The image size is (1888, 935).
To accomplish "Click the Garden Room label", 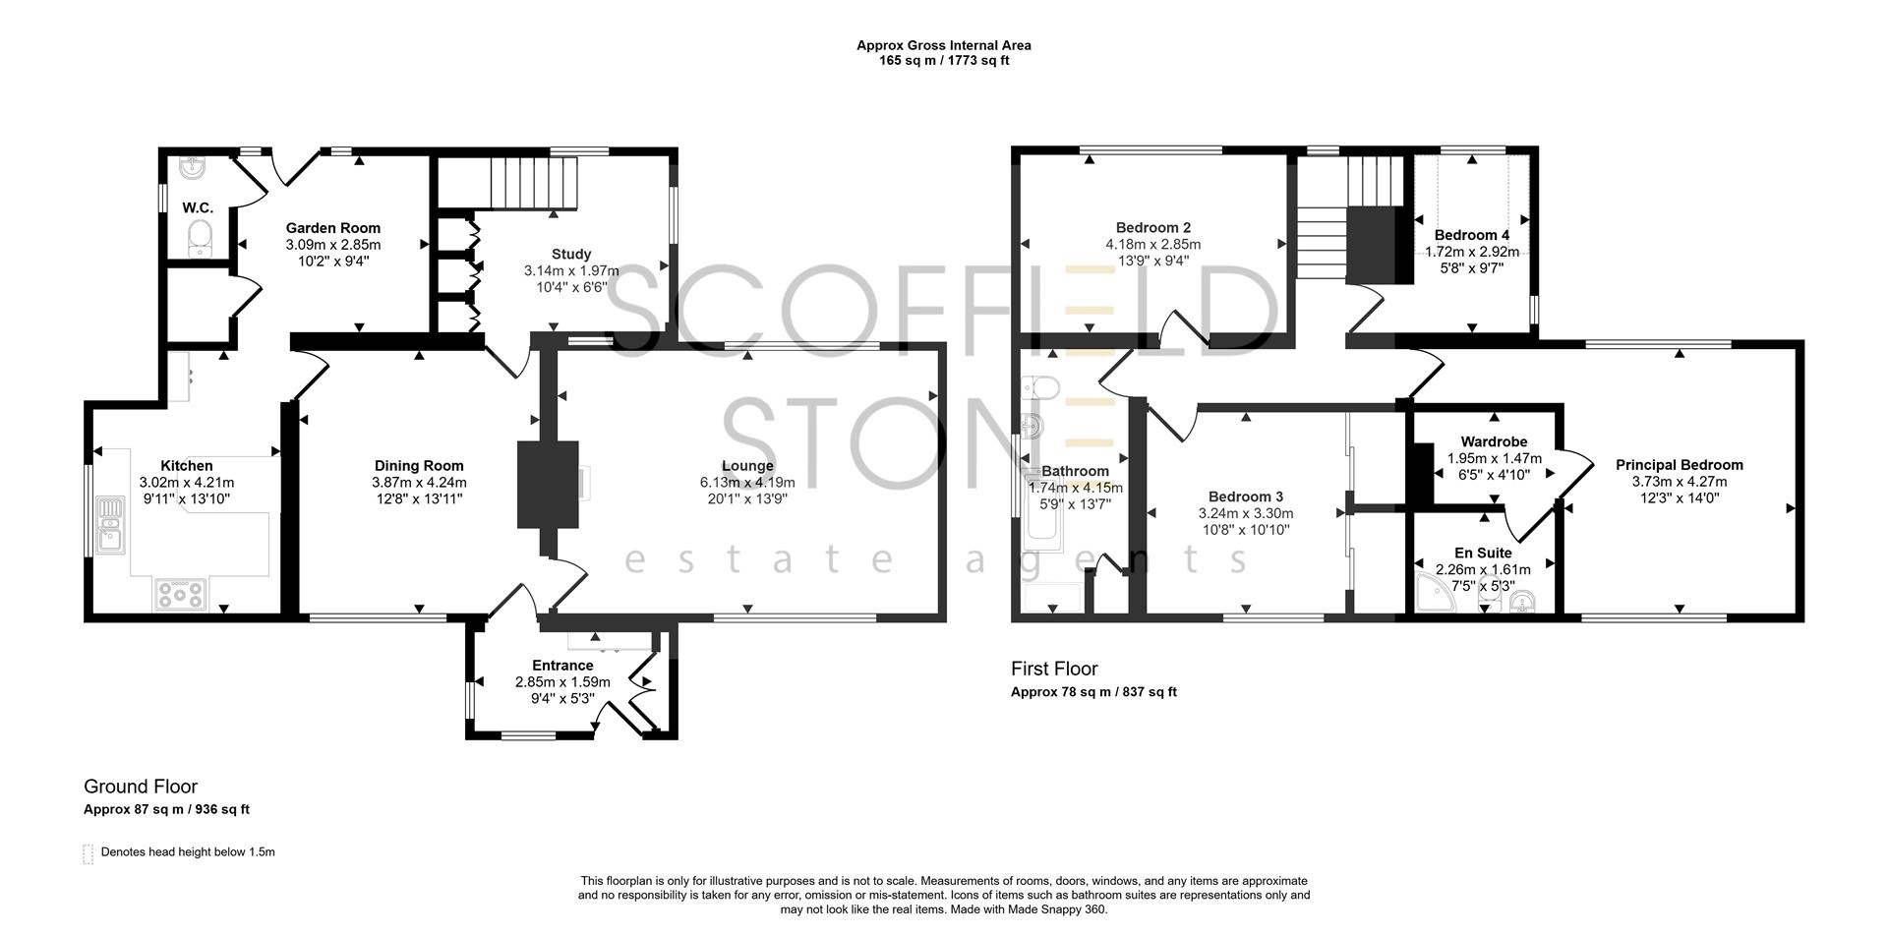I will coord(332,228).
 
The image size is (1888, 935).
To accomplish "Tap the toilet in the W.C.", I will coord(201,237).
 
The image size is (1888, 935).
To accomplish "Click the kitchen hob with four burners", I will coord(180,593).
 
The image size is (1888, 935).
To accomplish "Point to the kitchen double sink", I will coord(110,524).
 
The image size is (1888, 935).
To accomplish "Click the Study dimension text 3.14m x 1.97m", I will coord(571,270).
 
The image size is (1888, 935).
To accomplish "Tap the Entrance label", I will coord(562,666).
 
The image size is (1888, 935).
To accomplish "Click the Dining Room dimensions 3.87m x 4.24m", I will coord(419,483).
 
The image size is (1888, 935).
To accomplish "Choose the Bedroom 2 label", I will coord(1153,228).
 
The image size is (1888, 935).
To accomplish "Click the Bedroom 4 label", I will coord(1471,235).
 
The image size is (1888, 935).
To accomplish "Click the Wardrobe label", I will coord(1494,441).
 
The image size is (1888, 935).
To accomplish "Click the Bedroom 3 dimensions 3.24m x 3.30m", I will coord(1245,513).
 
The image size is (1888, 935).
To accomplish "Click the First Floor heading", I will coord(1054,669).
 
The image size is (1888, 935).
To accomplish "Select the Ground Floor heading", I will coord(141,787).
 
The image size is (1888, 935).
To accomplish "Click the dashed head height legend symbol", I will coord(88,852).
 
